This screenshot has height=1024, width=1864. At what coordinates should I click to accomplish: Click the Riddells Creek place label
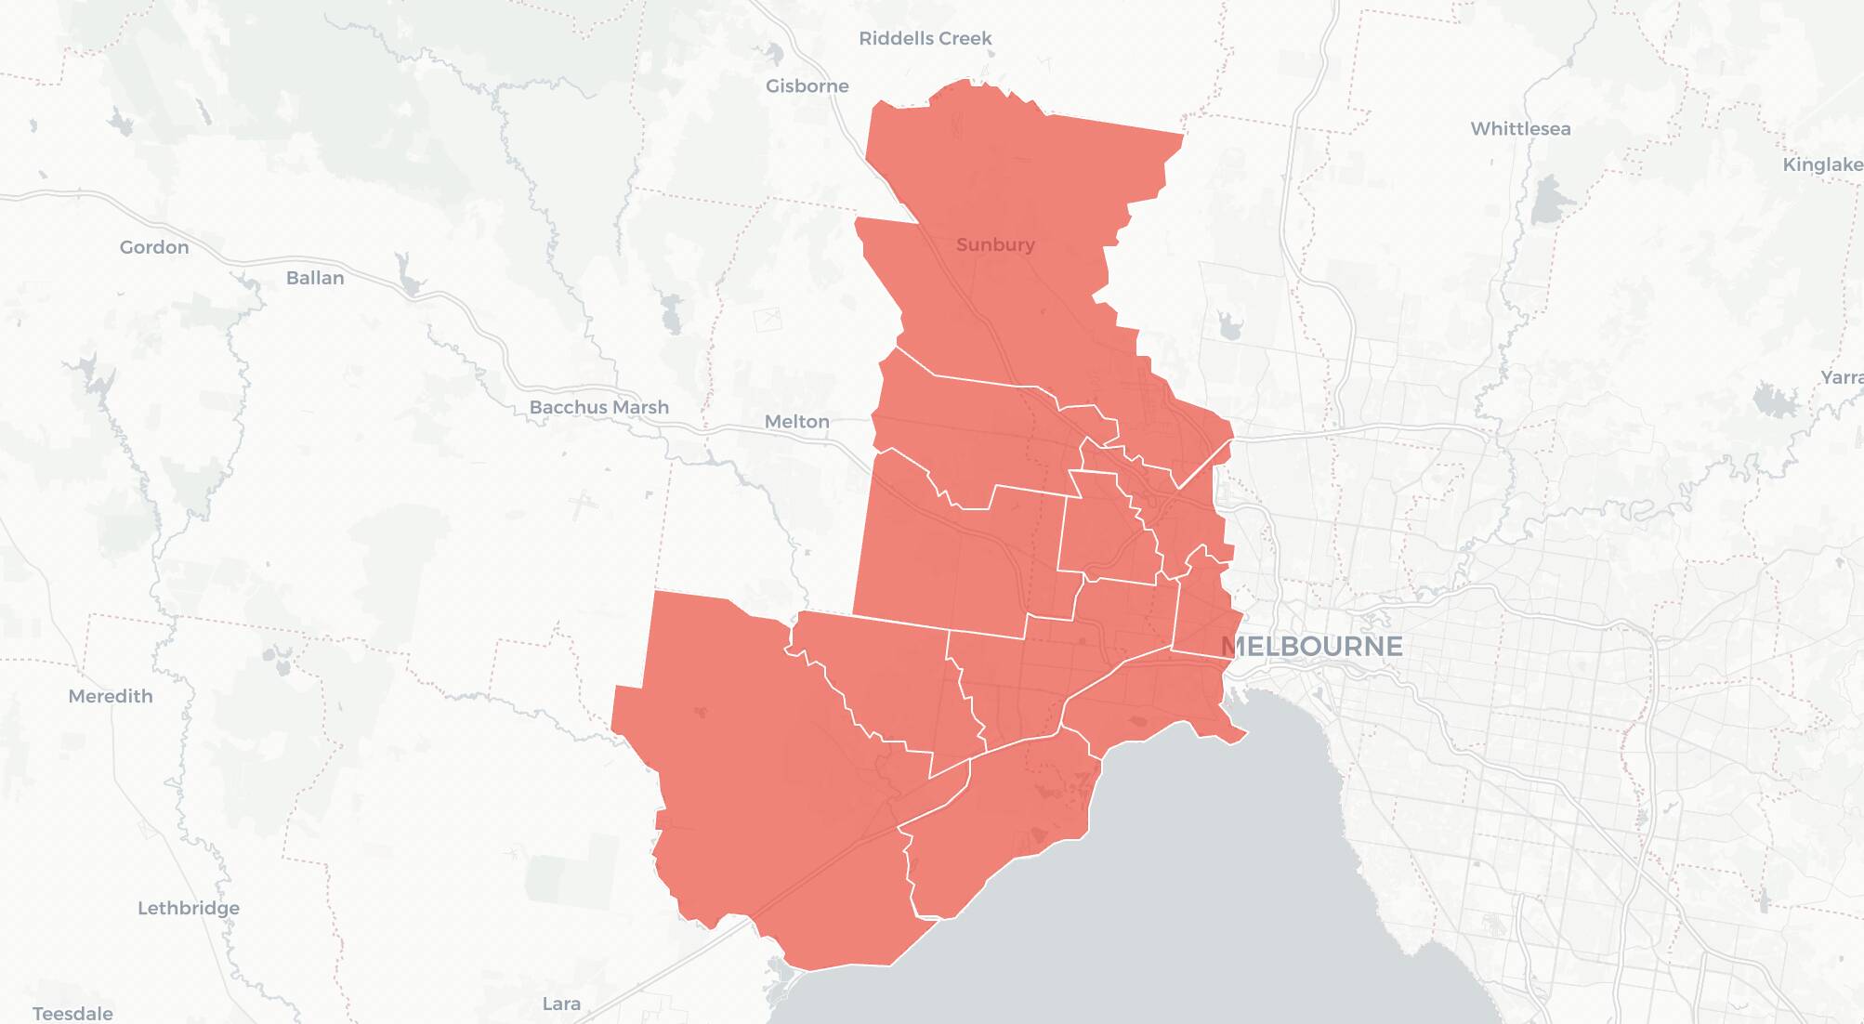(x=925, y=38)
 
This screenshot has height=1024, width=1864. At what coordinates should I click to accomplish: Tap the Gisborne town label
(x=807, y=85)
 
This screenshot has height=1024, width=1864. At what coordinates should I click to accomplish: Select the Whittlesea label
(x=1520, y=128)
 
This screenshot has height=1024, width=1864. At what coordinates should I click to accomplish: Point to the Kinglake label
(x=1821, y=164)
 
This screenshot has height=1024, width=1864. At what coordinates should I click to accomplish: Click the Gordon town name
(x=154, y=247)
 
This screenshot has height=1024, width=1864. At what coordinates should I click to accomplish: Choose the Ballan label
(x=315, y=278)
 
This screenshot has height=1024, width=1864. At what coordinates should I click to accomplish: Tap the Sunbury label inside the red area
(x=995, y=244)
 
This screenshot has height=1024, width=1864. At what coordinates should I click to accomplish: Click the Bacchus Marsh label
(x=598, y=407)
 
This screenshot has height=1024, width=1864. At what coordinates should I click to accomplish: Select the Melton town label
(x=796, y=421)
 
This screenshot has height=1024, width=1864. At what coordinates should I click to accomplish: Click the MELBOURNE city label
(x=1311, y=646)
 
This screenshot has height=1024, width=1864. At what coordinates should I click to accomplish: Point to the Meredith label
(x=111, y=696)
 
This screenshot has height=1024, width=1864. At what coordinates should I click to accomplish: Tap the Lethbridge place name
(x=189, y=908)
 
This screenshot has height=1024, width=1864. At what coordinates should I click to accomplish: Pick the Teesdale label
(x=72, y=1013)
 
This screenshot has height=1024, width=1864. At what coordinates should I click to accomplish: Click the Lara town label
(x=561, y=1004)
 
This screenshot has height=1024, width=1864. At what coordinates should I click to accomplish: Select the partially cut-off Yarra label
(x=1842, y=377)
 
